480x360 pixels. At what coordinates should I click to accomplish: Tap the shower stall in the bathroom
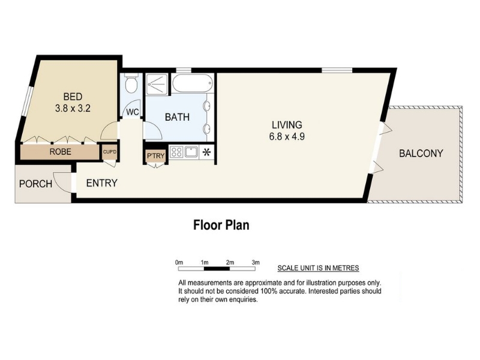157,84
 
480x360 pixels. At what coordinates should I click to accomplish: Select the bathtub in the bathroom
192,83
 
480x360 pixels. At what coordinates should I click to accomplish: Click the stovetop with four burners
176,152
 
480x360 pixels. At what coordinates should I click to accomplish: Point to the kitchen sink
191,152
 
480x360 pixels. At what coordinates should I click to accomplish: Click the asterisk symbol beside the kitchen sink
206,152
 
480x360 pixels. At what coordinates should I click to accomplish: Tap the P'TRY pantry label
156,156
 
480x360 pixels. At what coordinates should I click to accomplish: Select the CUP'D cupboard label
110,152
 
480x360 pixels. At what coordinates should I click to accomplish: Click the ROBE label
61,152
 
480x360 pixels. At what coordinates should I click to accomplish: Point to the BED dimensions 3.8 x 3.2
73,109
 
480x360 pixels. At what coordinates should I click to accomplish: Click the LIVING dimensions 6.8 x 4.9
287,136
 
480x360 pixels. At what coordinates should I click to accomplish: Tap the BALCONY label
421,153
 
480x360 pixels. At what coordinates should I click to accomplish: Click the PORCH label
35,184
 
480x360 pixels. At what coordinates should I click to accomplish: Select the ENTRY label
101,183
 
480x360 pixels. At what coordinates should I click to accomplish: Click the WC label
133,112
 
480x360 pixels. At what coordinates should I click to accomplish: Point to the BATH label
177,117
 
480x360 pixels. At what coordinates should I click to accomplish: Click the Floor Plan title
221,225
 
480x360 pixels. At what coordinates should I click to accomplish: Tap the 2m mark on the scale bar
230,262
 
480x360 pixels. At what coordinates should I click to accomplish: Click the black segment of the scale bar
217,269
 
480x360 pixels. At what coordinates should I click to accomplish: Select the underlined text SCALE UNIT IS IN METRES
318,268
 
